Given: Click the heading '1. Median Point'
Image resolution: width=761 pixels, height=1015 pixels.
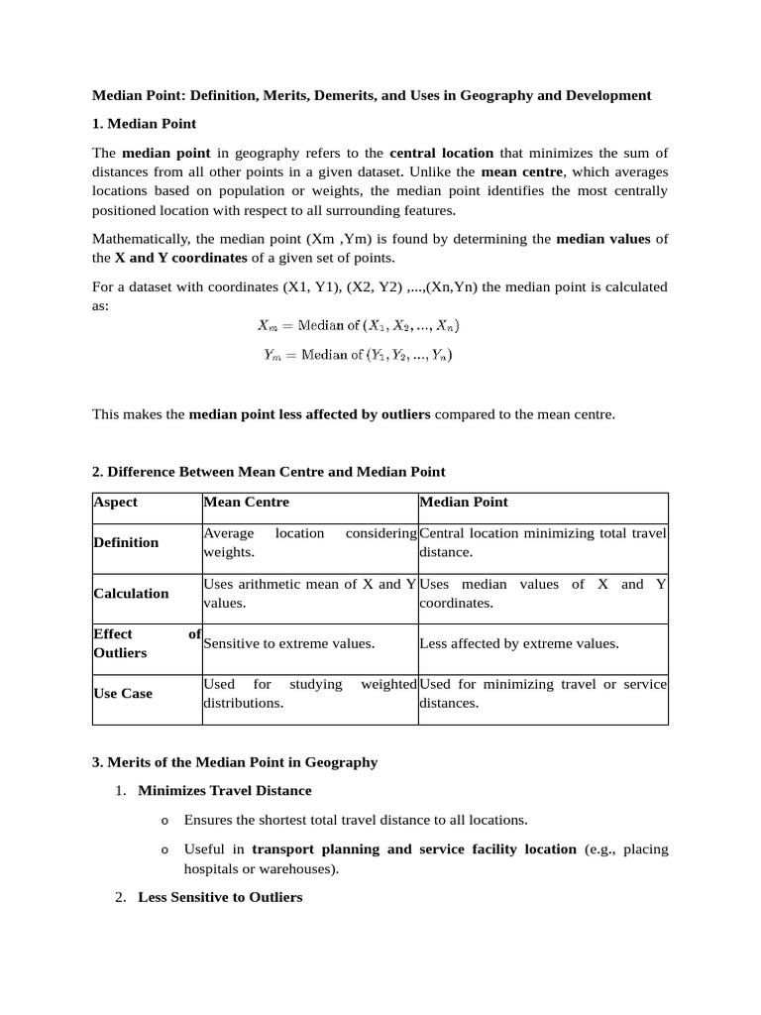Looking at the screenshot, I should (x=144, y=124).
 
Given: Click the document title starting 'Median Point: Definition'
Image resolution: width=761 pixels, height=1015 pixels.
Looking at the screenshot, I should (x=372, y=95).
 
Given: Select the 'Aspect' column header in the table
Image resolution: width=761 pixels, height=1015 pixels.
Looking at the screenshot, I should (x=116, y=502).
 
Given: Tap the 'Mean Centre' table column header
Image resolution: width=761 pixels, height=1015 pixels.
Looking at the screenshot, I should (x=246, y=502).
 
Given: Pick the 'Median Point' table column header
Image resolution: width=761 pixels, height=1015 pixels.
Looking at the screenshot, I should (x=464, y=502).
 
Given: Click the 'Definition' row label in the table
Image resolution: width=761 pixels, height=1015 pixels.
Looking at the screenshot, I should (x=126, y=542).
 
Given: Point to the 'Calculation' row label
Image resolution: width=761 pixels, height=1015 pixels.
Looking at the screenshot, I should (x=131, y=593).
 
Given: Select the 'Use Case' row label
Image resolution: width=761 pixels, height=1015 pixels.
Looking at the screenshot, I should (x=123, y=693).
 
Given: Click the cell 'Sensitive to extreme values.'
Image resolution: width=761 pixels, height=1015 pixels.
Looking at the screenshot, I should (x=288, y=643).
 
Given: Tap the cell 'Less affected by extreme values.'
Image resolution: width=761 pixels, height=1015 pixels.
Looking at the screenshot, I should (x=519, y=643).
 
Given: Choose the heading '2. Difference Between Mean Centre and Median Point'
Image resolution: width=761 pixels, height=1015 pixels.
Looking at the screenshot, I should (x=269, y=471).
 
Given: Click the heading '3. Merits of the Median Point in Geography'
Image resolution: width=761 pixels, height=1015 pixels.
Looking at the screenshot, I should (x=235, y=762).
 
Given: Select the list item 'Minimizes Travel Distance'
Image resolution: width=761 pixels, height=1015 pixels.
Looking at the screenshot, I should (x=225, y=790).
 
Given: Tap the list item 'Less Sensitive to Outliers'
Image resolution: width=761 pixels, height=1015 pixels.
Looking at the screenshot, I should (x=220, y=897).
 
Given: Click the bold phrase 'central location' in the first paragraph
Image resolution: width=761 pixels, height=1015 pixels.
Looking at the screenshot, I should (x=441, y=153).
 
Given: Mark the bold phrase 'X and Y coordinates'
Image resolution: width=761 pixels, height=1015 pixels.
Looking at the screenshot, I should (x=180, y=258).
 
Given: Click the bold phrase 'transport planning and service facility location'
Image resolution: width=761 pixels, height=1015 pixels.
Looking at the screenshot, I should (x=414, y=849).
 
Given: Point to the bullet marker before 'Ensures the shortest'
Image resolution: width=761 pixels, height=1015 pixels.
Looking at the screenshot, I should (x=164, y=821).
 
